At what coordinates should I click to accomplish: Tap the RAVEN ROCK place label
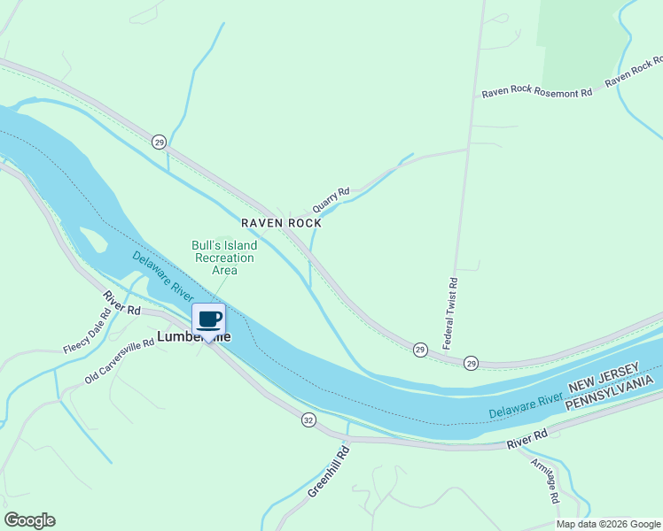point(281,224)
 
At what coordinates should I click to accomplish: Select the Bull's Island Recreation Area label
point(224,258)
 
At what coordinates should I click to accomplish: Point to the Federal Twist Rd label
point(450,312)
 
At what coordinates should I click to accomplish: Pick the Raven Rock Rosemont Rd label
point(536,93)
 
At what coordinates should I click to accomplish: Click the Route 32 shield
point(308,419)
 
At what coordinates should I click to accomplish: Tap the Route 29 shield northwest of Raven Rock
point(159,142)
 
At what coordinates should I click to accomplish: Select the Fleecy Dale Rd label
point(88,330)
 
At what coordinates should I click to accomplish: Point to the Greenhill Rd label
point(330,472)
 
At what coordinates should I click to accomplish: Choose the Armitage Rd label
point(545,481)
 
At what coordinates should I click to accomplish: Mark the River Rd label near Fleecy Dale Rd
point(121,304)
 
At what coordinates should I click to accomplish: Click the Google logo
point(29,520)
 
